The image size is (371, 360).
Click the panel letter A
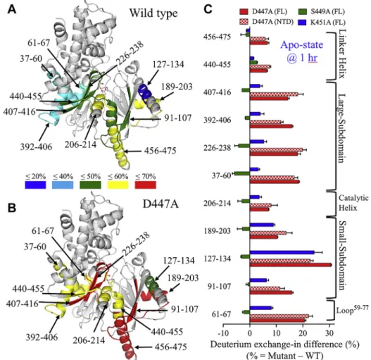[x=12, y=9]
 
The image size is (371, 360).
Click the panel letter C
[x=208, y=9]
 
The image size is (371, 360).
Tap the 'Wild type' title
[x=153, y=13]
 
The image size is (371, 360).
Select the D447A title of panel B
[x=161, y=204]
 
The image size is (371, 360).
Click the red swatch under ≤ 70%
[x=146, y=185]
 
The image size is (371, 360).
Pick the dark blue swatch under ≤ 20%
[x=35, y=185]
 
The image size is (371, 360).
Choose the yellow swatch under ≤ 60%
[x=118, y=185]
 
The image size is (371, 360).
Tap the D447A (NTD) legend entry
[x=266, y=22]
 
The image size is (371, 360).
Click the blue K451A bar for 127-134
[x=282, y=252]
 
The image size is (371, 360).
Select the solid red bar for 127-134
[x=291, y=265]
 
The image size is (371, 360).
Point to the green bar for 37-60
[x=242, y=173]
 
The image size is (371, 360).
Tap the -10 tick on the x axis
[x=223, y=333]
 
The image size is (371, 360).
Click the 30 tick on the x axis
[x=329, y=333]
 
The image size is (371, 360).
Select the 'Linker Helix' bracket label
[x=341, y=54]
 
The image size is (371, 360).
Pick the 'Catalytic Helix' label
[x=353, y=203]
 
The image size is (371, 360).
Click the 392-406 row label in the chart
[x=218, y=120]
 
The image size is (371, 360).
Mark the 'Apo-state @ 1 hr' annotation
[x=302, y=51]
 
